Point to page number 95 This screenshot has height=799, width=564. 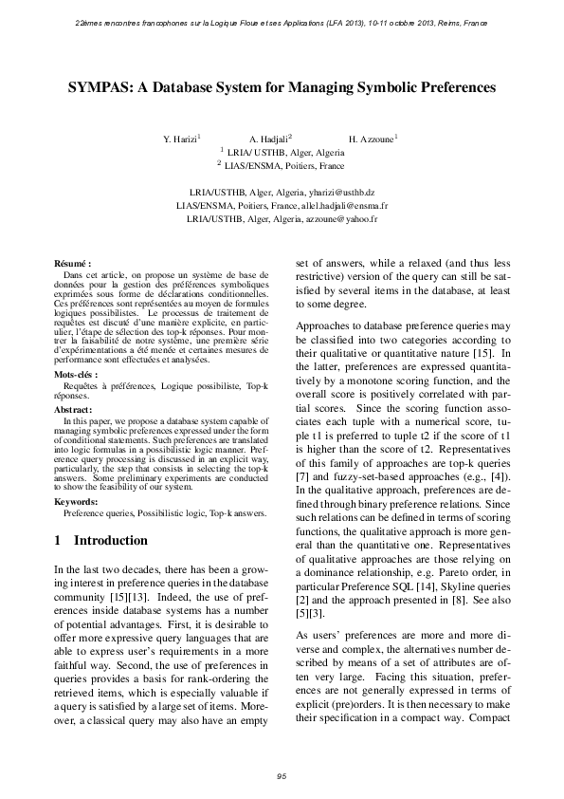pyautogui.click(x=282, y=777)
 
